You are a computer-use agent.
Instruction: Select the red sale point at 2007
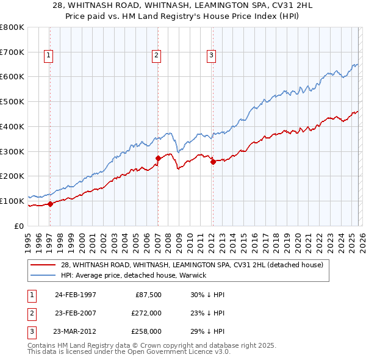(158, 158)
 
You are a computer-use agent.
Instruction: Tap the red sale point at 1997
(50, 204)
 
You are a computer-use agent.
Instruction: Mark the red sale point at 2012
(213, 162)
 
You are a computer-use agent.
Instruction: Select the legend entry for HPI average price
(134, 275)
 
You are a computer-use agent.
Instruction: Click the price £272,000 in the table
(146, 313)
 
